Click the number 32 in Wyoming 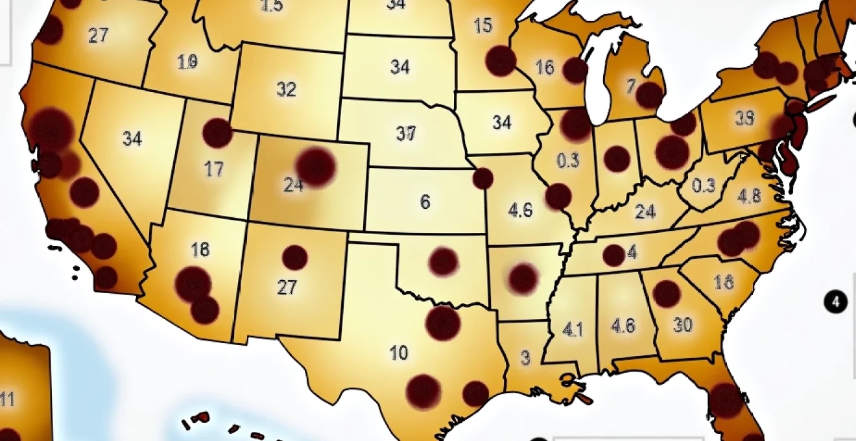click(286, 89)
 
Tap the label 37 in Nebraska click(405, 134)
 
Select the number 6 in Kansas click(425, 202)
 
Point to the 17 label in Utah click(213, 170)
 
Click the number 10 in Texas click(399, 353)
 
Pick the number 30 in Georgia click(683, 325)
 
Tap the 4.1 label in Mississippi click(573, 329)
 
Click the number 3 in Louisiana click(525, 358)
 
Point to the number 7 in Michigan click(630, 86)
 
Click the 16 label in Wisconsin click(544, 67)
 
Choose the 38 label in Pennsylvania click(744, 118)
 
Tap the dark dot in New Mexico click(294, 257)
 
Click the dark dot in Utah click(217, 133)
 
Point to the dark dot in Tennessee click(613, 255)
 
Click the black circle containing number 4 click(836, 302)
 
